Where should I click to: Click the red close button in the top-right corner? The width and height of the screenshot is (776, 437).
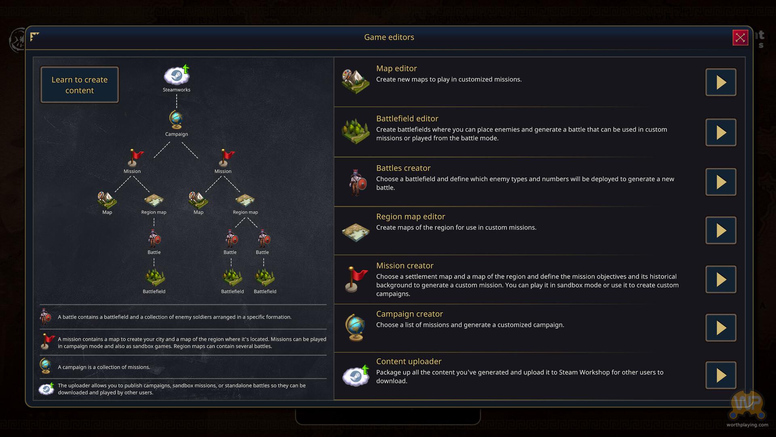(x=740, y=38)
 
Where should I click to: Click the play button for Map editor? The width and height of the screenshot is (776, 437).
(x=721, y=82)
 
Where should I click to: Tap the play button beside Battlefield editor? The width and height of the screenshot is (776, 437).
(x=721, y=132)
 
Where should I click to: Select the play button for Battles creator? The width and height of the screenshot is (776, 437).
(x=721, y=182)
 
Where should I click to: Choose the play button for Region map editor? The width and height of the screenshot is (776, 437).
(x=721, y=231)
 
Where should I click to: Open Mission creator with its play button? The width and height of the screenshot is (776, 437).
(x=721, y=280)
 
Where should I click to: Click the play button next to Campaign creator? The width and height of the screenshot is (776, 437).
(x=721, y=328)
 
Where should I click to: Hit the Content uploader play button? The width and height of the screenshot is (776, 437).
(x=721, y=375)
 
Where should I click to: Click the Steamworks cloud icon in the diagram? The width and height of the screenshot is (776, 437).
(x=177, y=76)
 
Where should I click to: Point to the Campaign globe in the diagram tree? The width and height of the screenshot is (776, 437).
(x=176, y=120)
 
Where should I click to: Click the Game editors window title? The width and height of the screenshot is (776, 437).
(x=389, y=37)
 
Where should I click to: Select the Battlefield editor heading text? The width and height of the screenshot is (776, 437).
(x=407, y=119)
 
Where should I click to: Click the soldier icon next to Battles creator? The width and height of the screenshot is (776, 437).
(x=356, y=182)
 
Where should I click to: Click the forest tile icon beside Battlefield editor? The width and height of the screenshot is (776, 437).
(x=355, y=131)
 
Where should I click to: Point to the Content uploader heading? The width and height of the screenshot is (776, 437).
(x=409, y=361)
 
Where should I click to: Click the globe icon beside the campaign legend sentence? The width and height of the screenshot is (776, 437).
(x=46, y=366)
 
